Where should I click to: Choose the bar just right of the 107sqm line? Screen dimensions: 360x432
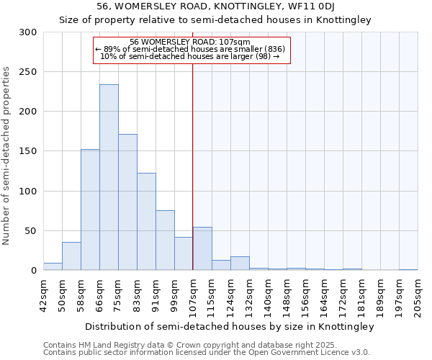202,249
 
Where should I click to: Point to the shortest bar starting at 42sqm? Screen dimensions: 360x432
53,266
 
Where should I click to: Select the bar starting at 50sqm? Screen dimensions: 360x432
71,256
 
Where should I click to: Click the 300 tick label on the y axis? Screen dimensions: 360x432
29,32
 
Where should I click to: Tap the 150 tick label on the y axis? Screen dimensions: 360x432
29,151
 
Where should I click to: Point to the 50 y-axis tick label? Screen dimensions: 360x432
31,231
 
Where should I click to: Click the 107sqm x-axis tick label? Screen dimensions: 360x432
193,294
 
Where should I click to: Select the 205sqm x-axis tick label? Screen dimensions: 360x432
418,294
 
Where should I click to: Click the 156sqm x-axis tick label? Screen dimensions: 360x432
305,294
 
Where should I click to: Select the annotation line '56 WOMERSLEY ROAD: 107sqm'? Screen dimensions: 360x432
190,42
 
